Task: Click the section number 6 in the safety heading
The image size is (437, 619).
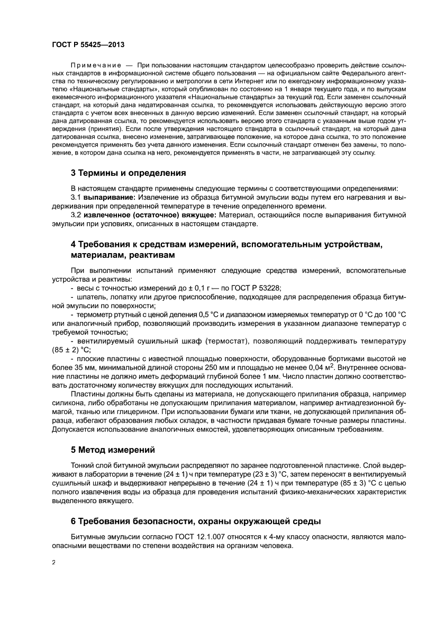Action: click(x=74, y=522)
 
